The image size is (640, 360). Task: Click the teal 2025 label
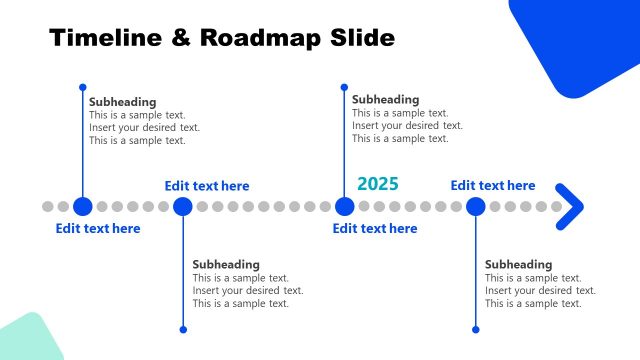pyautogui.click(x=378, y=184)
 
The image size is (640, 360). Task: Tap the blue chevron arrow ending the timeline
pyautogui.click(x=569, y=206)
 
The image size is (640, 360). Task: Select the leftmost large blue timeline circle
pyautogui.click(x=83, y=207)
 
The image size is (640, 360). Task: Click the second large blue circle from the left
pyautogui.click(x=183, y=207)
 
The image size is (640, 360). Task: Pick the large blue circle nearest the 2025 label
pyautogui.click(x=344, y=207)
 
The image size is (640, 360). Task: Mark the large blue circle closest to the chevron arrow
pyautogui.click(x=476, y=207)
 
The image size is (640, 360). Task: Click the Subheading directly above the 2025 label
pyautogui.click(x=385, y=100)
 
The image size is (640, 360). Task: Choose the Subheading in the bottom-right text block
pyautogui.click(x=518, y=265)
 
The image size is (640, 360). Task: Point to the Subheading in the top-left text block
pyautogui.click(x=122, y=102)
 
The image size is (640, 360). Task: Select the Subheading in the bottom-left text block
pyautogui.click(x=226, y=265)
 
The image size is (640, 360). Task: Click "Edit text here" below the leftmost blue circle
pyautogui.click(x=98, y=229)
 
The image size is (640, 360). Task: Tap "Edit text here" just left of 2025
pyautogui.click(x=207, y=186)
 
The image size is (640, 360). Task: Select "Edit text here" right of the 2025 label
pyautogui.click(x=493, y=185)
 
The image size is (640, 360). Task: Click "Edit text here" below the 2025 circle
pyautogui.click(x=375, y=229)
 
